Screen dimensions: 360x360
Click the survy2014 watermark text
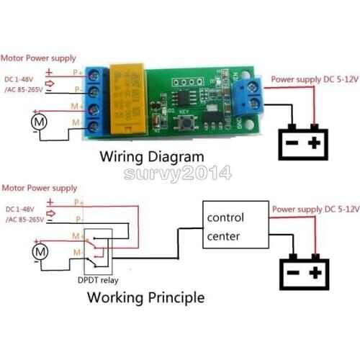pos(177,173)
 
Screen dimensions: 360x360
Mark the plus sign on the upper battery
pos(314,143)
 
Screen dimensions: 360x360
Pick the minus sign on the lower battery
pos(292,274)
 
